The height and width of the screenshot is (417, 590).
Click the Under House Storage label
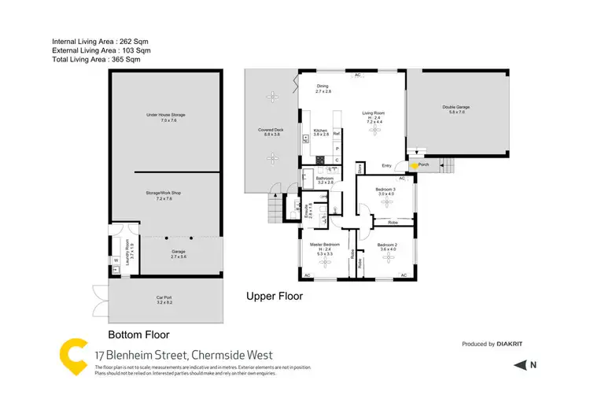165,115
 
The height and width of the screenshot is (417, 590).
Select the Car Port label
164,297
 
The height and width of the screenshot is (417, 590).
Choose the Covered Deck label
271,130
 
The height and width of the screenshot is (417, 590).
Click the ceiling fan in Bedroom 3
385,202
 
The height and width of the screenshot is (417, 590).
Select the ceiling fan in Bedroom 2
385,256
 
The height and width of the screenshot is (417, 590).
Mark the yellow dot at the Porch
415,166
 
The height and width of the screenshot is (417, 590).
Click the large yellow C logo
73,357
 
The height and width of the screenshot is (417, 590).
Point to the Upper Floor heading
275,297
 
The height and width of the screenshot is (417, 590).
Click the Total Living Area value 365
129,59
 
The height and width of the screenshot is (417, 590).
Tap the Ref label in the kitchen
336,134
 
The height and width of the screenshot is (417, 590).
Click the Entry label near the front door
386,165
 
